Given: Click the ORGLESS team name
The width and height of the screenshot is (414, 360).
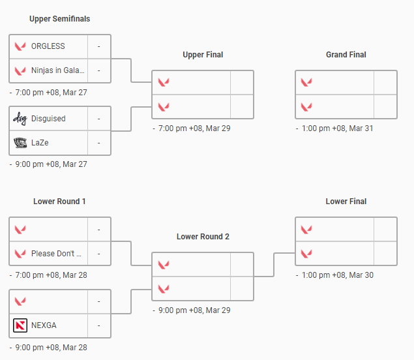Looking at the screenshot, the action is point(48,46).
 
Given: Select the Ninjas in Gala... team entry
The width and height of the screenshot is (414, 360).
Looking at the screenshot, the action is point(58,70).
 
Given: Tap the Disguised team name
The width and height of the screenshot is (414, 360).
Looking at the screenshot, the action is point(48,119).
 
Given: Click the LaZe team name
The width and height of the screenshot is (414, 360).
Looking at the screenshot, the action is point(40,143).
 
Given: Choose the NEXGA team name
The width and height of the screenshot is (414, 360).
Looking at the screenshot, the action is point(44,325).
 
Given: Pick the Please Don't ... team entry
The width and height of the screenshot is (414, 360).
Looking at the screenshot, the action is point(56,254).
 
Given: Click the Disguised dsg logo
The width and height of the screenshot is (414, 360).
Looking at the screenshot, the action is point(20,119).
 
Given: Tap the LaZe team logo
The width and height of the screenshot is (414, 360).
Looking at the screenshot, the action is point(20,143).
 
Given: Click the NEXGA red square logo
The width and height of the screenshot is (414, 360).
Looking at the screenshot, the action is point(20,325).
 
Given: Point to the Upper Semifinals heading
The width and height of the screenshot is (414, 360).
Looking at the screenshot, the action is point(60,19).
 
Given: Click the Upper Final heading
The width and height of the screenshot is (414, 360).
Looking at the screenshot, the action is point(203,55).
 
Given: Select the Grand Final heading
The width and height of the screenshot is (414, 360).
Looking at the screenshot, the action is point(346,55).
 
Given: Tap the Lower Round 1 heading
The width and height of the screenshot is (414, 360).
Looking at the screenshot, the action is point(59,202).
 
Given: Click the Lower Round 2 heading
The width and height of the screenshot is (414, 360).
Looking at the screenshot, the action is point(203,237).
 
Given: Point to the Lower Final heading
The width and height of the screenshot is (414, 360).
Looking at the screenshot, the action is point(346,202).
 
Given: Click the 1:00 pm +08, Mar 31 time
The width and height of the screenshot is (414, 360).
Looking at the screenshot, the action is point(338,128).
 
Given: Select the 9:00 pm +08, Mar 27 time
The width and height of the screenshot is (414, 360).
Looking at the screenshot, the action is point(51,164).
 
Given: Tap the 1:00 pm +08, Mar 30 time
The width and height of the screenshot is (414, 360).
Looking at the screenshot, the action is point(338,275).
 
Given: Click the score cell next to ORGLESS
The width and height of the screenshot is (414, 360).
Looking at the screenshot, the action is point(99,46).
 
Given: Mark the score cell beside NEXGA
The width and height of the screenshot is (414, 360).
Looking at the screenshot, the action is point(99,325).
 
